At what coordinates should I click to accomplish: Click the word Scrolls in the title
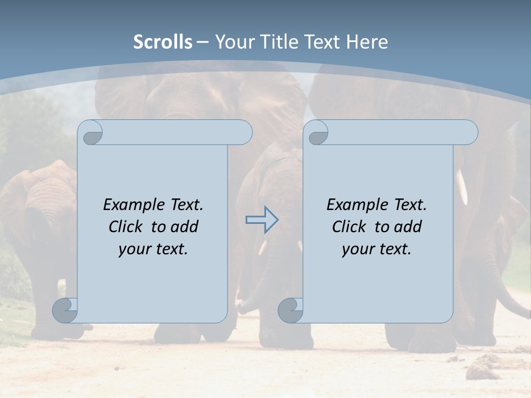pos(163,42)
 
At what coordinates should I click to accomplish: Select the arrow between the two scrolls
pos(262,219)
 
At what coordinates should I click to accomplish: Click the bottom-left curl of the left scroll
pos(65,310)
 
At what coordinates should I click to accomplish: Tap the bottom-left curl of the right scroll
pos(291,310)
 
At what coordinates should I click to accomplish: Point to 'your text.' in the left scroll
pos(153,249)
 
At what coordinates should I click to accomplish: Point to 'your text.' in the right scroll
pos(377,249)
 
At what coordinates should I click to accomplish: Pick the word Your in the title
pos(235,42)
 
